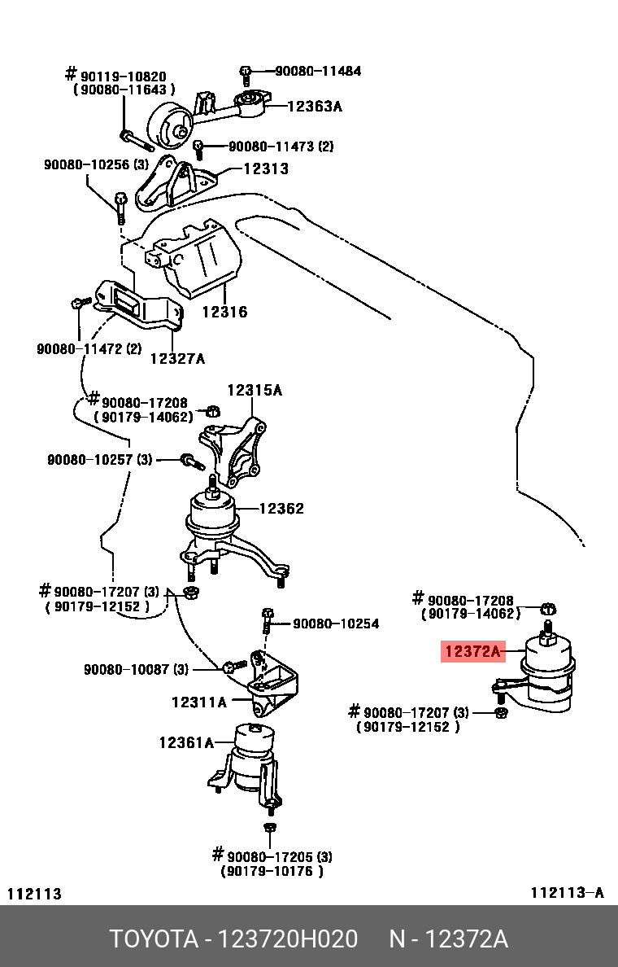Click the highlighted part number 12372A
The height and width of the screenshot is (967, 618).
point(473,651)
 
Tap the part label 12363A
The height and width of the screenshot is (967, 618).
point(314,106)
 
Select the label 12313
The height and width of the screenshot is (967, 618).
point(266,168)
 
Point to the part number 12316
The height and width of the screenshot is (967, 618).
point(224,311)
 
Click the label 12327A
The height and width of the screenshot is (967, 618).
point(177,357)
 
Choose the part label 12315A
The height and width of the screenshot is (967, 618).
point(254,390)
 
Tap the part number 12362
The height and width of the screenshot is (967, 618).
point(281,509)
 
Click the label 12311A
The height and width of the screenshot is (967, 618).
point(198,701)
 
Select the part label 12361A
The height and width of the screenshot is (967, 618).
point(186,742)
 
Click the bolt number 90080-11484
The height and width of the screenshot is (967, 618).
point(318,71)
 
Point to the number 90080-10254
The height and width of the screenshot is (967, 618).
point(336,624)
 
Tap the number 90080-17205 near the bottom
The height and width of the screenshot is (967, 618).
point(272,856)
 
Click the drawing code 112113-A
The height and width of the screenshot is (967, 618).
point(567,893)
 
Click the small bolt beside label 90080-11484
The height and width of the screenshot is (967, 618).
point(245,73)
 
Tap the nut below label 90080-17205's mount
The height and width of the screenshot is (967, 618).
point(270,829)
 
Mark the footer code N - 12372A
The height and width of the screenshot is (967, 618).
point(448,939)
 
